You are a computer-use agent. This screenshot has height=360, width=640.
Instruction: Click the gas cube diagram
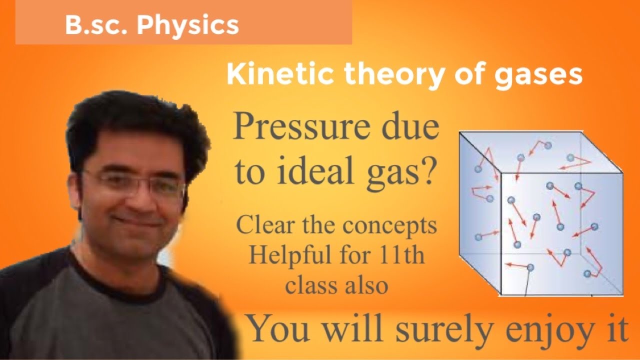tap(540, 213)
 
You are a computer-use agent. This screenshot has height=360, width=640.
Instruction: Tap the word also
tap(364, 285)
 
